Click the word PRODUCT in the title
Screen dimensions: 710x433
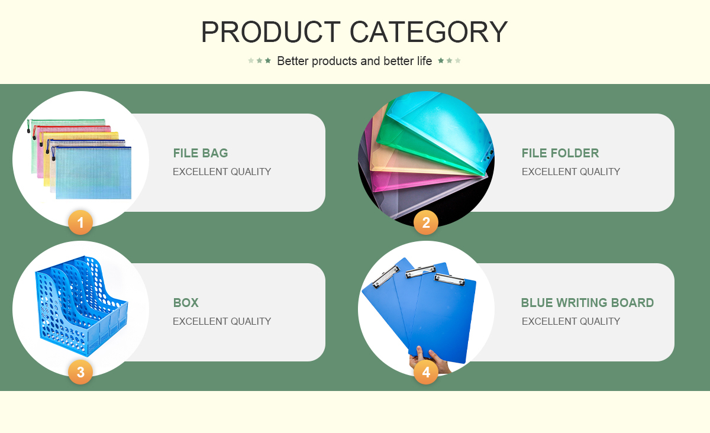tap(271, 32)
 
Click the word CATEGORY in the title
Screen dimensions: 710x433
tap(428, 32)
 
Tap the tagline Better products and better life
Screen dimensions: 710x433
tap(354, 61)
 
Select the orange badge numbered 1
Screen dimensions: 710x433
tap(80, 222)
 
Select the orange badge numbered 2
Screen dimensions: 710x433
tap(426, 222)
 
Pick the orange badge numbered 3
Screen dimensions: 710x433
tap(80, 372)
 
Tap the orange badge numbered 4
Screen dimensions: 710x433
tap(426, 372)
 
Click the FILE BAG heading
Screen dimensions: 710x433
tap(201, 153)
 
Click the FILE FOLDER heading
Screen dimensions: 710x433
tap(560, 153)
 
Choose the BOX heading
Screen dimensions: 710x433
tap(186, 303)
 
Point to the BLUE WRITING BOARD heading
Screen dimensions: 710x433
tap(588, 303)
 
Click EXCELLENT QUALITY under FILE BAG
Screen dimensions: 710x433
tap(222, 172)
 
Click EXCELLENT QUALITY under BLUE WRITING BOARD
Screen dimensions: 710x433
tap(571, 321)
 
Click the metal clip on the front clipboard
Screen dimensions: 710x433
tap(450, 279)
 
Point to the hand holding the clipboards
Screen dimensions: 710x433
tap(430, 361)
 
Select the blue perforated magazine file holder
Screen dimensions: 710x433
tap(81, 306)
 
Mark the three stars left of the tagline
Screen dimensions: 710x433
tap(259, 60)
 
